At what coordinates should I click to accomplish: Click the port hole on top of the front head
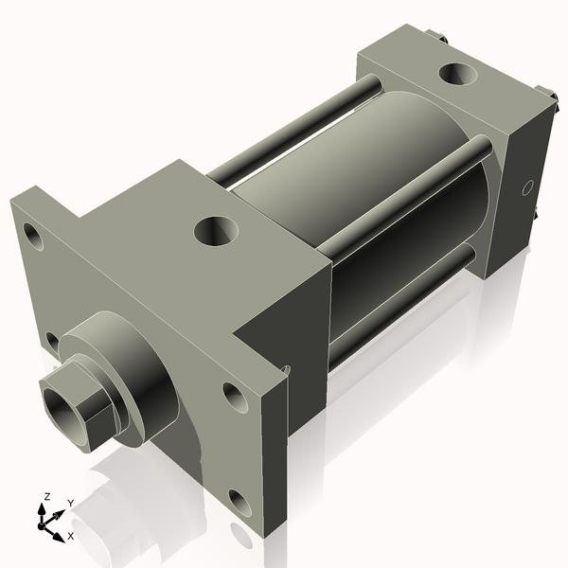(217, 229)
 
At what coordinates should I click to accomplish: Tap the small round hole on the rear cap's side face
(529, 187)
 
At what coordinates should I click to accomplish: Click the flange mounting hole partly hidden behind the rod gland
(52, 339)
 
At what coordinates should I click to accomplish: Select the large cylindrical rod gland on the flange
(142, 379)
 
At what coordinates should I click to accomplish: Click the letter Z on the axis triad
(45, 496)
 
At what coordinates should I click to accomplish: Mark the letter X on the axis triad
(71, 536)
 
